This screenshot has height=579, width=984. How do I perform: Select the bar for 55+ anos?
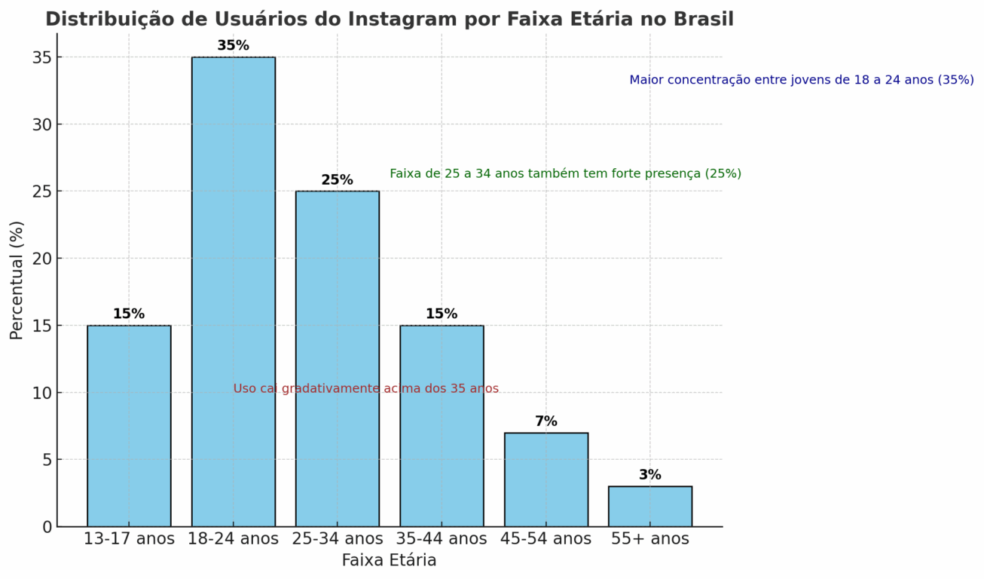pyautogui.click(x=649, y=507)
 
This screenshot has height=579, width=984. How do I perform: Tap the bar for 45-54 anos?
pyautogui.click(x=545, y=479)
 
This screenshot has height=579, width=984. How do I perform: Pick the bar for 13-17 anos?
pyautogui.click(x=129, y=426)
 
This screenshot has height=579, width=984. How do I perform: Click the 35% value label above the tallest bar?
pyautogui.click(x=233, y=46)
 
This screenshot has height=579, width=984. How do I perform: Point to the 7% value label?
pyautogui.click(x=545, y=421)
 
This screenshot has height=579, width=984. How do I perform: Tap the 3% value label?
pyautogui.click(x=649, y=475)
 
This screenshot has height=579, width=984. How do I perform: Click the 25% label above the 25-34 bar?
pyautogui.click(x=337, y=180)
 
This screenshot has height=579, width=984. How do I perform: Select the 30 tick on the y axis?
pyautogui.click(x=42, y=124)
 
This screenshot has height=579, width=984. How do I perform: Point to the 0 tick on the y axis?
pyautogui.click(x=47, y=527)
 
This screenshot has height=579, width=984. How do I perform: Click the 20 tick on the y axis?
pyautogui.click(x=42, y=259)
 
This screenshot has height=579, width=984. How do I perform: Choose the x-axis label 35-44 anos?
pyautogui.click(x=441, y=539)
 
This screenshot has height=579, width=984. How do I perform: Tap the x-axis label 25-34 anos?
pyautogui.click(x=337, y=539)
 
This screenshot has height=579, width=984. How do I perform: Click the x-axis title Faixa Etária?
pyautogui.click(x=389, y=561)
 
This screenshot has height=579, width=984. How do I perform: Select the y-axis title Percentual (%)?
pyautogui.click(x=17, y=280)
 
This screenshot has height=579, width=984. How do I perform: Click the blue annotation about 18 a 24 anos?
pyautogui.click(x=801, y=80)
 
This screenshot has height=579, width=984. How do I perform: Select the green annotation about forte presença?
pyautogui.click(x=565, y=173)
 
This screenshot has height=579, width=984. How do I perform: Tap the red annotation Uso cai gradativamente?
pyautogui.click(x=365, y=389)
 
